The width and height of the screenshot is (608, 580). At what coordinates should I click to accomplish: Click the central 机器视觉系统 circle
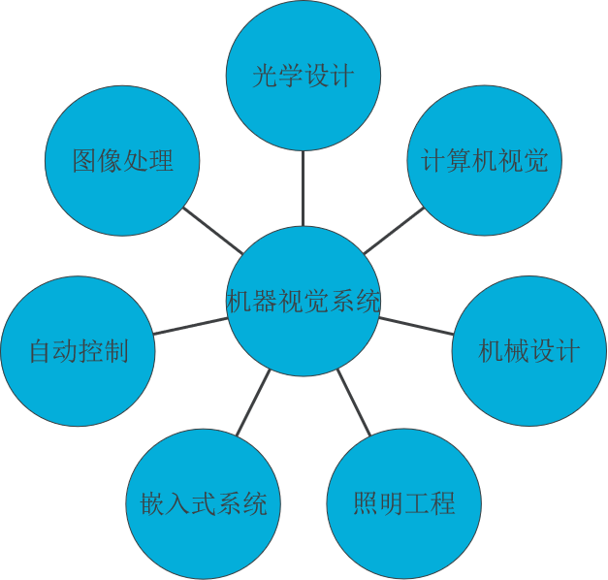[x=304, y=302]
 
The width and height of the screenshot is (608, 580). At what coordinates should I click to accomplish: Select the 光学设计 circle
[x=304, y=76]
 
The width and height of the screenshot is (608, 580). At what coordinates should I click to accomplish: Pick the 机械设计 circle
[x=529, y=350]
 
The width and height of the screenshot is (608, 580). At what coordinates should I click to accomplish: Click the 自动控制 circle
[x=79, y=350]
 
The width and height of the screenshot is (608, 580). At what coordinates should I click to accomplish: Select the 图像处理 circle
[x=123, y=160]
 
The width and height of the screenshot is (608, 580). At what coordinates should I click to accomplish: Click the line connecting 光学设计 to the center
[x=304, y=188]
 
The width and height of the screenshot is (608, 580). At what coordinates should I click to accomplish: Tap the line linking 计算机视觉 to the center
[x=393, y=231]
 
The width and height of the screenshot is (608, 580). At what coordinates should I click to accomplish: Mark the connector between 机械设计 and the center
[x=415, y=325]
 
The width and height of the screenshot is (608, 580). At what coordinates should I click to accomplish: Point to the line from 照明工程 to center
[x=354, y=402]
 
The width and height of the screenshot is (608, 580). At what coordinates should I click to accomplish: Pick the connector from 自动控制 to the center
[x=190, y=326]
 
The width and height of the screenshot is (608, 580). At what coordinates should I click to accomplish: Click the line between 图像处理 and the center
[x=213, y=231]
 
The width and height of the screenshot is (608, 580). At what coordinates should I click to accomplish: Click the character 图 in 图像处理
[x=85, y=161]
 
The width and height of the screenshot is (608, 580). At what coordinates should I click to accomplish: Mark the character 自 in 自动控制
[x=41, y=351]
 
